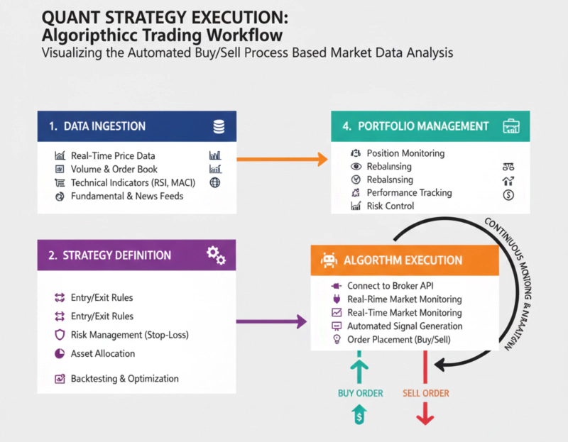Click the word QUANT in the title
pyautogui.click(x=68, y=17)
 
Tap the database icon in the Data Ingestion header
pyautogui.click(x=219, y=127)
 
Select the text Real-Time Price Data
pyautogui.click(x=113, y=155)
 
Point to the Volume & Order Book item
pyautogui.click(x=114, y=169)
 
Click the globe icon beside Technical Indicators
pyautogui.click(x=215, y=182)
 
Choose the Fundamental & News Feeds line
pyautogui.click(x=127, y=196)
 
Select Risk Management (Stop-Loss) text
pyautogui.click(x=130, y=335)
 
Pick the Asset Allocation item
pyautogui.click(x=103, y=353)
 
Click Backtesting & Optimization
pyautogui.click(x=124, y=379)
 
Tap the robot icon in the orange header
pyautogui.click(x=328, y=260)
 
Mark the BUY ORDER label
pyautogui.click(x=359, y=393)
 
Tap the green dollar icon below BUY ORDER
pyautogui.click(x=359, y=417)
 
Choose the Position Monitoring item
pyautogui.click(x=405, y=153)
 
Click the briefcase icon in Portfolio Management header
pyautogui.click(x=510, y=126)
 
